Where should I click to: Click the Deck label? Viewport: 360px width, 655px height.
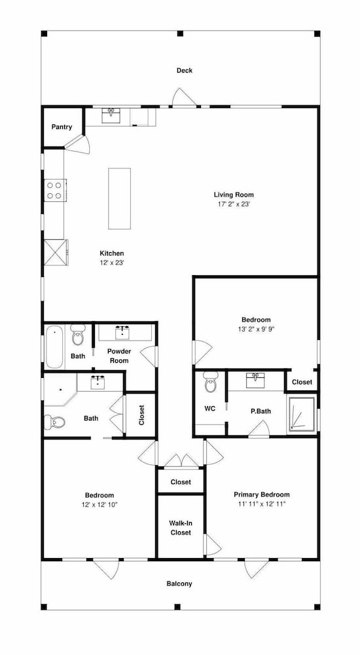pos(184,71)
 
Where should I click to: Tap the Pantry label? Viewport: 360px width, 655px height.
pos(62,127)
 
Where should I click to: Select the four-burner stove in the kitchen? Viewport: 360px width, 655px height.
pos(55,190)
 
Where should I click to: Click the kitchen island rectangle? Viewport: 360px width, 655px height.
pos(119,198)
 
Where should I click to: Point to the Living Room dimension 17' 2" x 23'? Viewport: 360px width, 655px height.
pos(234,204)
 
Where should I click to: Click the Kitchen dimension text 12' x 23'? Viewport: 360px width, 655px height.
pos(111,263)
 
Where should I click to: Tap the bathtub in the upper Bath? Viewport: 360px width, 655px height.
pos(54,347)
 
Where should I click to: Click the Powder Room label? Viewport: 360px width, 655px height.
pos(119,356)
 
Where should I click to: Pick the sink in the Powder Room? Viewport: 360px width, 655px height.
pos(122,333)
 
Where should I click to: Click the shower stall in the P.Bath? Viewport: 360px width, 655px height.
pos(302,413)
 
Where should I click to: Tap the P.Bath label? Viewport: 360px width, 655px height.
pos(261,411)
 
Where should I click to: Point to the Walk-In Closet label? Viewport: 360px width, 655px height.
pos(181,527)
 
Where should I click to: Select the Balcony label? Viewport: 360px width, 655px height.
pos(179,584)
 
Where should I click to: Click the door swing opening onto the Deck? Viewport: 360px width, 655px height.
pos(185,97)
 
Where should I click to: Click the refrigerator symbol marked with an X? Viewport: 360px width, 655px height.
pos(56,252)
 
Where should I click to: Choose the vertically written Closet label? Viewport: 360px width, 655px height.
pos(141,415)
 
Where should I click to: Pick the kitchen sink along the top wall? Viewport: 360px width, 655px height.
pos(111,115)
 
